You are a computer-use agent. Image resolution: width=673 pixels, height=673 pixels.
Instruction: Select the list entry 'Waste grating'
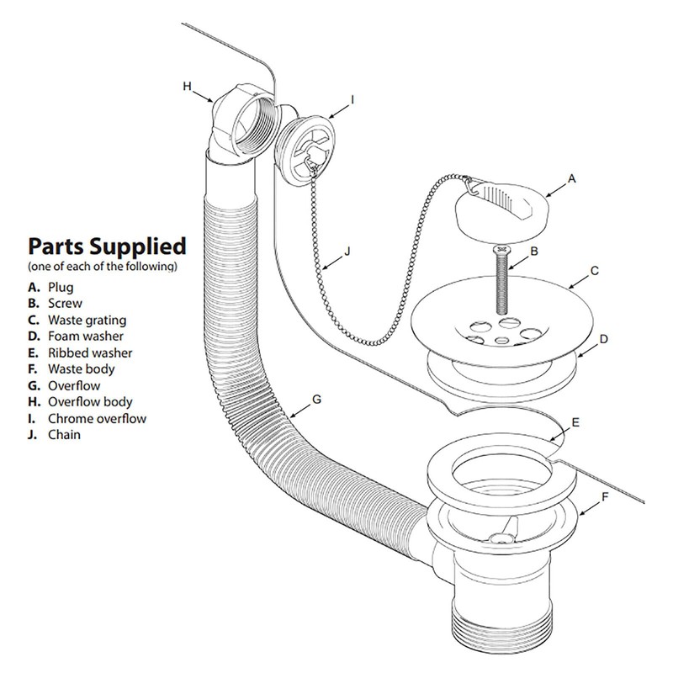(x=87, y=320)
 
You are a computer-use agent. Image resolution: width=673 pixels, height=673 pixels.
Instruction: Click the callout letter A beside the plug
(x=572, y=178)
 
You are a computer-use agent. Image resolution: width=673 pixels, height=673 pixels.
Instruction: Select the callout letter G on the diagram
(x=316, y=398)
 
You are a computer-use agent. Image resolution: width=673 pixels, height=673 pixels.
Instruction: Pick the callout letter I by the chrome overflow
(x=352, y=98)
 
